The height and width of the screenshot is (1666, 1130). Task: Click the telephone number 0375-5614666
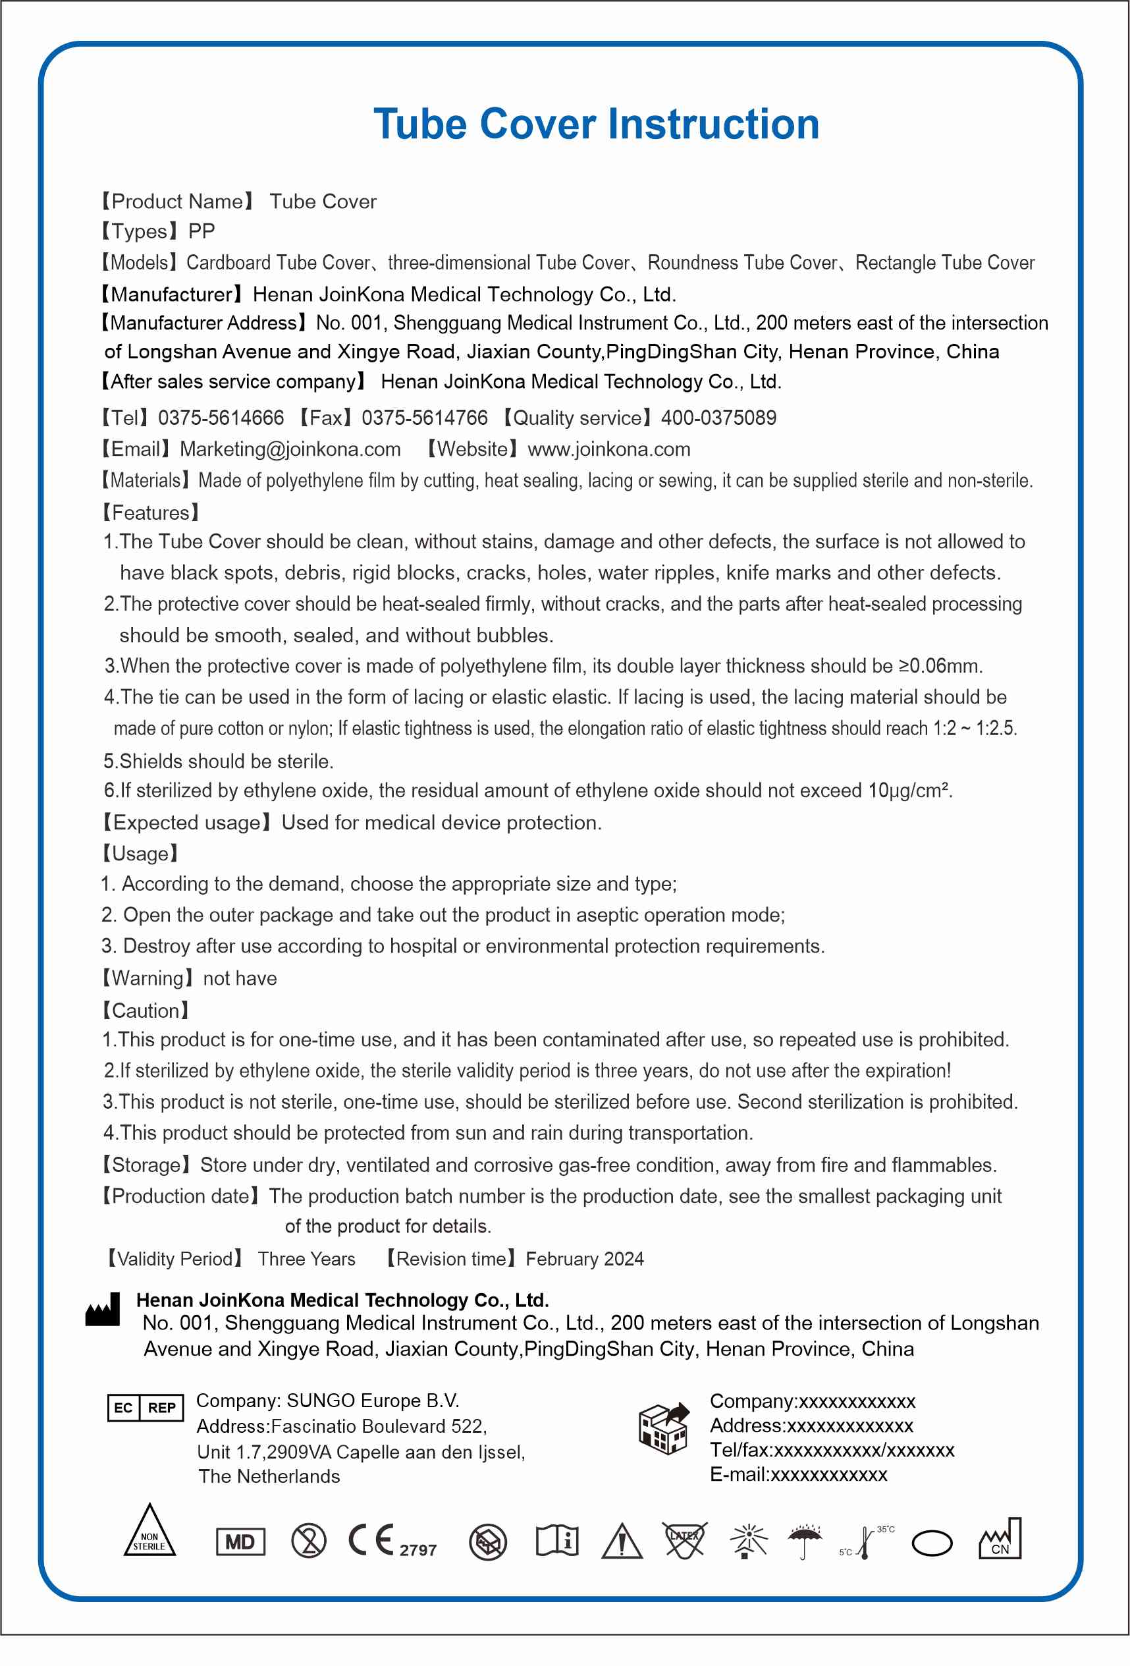click(221, 418)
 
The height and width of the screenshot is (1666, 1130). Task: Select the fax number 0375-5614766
click(424, 418)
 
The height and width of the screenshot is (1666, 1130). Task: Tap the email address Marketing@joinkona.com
click(290, 449)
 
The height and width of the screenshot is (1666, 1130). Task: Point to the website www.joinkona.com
click(609, 449)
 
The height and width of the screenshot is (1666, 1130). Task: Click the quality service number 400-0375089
click(718, 418)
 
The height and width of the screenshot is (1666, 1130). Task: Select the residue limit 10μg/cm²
click(909, 791)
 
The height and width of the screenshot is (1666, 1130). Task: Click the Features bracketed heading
click(151, 513)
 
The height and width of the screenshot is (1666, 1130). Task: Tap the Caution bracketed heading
click(146, 1011)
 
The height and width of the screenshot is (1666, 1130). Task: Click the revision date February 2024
click(585, 1260)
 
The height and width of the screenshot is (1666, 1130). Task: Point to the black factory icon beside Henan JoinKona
click(103, 1310)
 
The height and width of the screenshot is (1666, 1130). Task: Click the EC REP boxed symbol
click(146, 1408)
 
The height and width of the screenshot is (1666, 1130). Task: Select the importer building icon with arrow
click(664, 1428)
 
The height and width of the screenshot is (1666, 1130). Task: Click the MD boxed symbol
click(240, 1542)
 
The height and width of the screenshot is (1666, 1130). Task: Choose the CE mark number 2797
click(417, 1551)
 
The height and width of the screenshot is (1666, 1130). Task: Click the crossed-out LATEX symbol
click(684, 1540)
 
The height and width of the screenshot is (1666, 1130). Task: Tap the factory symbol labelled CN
click(1000, 1540)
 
